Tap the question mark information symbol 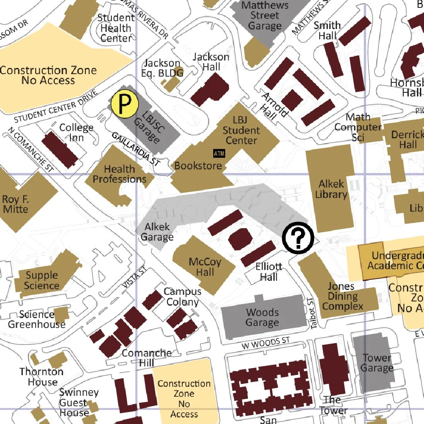click(x=298, y=238)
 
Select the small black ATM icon click(x=219, y=153)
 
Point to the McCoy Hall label click(x=205, y=267)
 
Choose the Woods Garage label click(x=262, y=317)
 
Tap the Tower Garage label click(x=377, y=363)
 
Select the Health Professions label click(x=119, y=174)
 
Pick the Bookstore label click(x=198, y=166)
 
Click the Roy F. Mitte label click(x=16, y=204)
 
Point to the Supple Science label click(x=42, y=280)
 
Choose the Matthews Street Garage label click(x=265, y=16)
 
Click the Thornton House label click(x=42, y=376)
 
